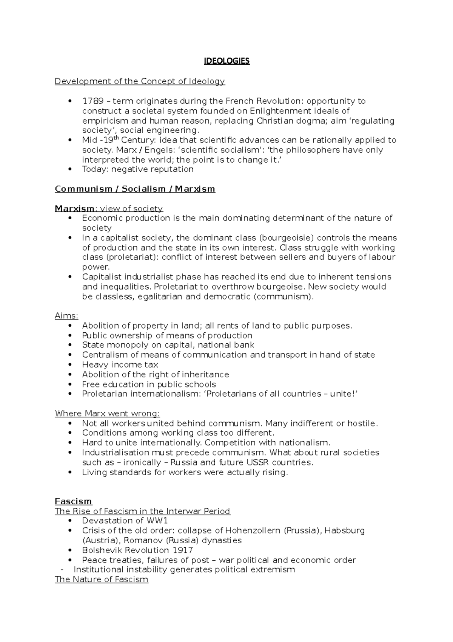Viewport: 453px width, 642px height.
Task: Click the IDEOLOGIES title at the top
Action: [226, 61]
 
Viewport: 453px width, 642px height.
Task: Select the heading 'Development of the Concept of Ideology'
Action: [140, 81]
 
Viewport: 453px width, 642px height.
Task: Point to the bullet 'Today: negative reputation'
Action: [138, 169]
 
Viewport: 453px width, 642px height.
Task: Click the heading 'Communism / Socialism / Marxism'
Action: [135, 189]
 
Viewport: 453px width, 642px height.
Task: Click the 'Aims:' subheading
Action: [66, 316]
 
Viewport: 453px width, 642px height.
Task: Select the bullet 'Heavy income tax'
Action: [120, 365]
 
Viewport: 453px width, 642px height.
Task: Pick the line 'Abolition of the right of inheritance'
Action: [156, 375]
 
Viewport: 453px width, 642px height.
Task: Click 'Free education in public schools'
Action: [149, 385]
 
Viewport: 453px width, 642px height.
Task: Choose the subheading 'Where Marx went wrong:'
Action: [107, 414]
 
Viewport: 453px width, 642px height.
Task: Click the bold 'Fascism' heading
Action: [73, 502]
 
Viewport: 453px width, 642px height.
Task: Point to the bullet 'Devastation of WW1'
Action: [125, 521]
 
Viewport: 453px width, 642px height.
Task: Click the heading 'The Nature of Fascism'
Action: [102, 580]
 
